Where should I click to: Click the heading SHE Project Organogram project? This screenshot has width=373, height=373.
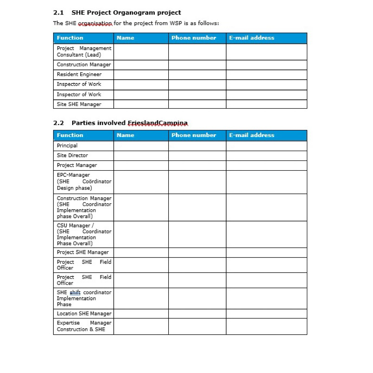coord(126,13)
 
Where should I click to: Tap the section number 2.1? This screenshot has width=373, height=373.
coord(58,13)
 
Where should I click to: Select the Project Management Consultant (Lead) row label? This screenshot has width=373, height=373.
coord(83,51)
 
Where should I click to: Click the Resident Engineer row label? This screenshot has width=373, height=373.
coord(79,74)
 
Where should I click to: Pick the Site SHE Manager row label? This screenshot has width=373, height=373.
coord(79,104)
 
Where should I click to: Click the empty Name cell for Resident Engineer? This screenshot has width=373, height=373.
coord(141,74)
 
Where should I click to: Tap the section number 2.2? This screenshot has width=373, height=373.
coord(58,123)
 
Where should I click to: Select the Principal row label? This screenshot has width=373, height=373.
coord(67,145)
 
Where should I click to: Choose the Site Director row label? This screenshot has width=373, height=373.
coord(72,155)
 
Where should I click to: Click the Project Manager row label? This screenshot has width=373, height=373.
coord(77,165)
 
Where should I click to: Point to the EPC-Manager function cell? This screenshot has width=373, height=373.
coord(83,181)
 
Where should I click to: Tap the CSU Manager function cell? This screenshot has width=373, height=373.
coord(83,234)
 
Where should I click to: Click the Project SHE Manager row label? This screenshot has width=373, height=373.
coord(83,252)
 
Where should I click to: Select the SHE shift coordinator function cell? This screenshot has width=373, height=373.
coord(83,298)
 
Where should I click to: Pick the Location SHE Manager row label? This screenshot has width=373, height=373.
coord(84,313)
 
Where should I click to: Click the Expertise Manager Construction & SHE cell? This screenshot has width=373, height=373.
coord(83,326)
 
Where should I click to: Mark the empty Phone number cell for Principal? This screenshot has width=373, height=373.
coord(197,145)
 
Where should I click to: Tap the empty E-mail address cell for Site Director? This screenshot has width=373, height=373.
coord(266,155)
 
